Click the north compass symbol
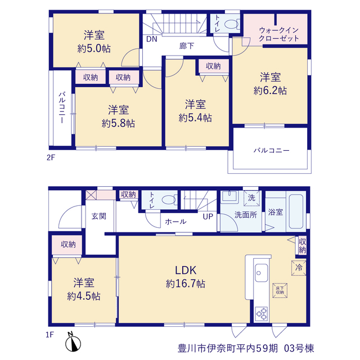[73, 343]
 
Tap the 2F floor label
[51, 157]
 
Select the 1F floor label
[50, 335]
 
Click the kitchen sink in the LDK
[261, 273]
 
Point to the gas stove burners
[262, 313]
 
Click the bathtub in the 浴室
[296, 211]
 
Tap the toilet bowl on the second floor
[231, 24]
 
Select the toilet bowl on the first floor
[169, 200]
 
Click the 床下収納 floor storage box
[280, 290]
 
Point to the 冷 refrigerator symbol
[299, 268]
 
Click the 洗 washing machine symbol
[251, 198]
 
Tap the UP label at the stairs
[208, 217]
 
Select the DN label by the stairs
[152, 39]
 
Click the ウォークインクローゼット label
[279, 34]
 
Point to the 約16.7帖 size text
[186, 284]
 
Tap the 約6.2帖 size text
[270, 91]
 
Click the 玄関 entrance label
[99, 216]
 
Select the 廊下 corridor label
[187, 46]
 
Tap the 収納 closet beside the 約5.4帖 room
[213, 66]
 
